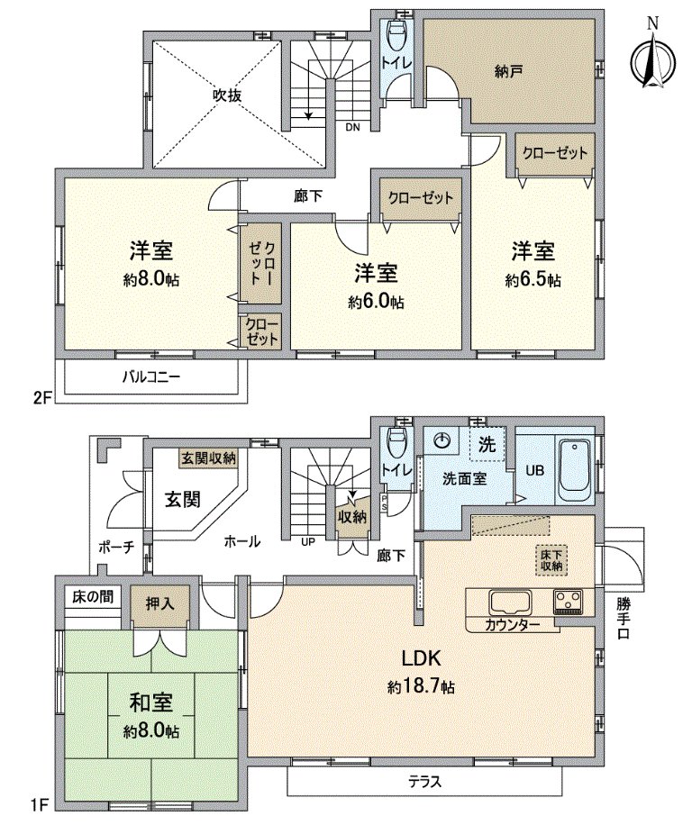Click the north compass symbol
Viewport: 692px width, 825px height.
654,59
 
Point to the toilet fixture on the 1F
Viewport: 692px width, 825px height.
394,443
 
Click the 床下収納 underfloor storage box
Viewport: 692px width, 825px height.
551,560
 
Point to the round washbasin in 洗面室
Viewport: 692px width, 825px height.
442,441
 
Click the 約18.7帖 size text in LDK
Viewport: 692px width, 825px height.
421,687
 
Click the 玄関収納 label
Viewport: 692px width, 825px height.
208,458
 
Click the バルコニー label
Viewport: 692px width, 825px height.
151,376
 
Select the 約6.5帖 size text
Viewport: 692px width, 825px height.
533,280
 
